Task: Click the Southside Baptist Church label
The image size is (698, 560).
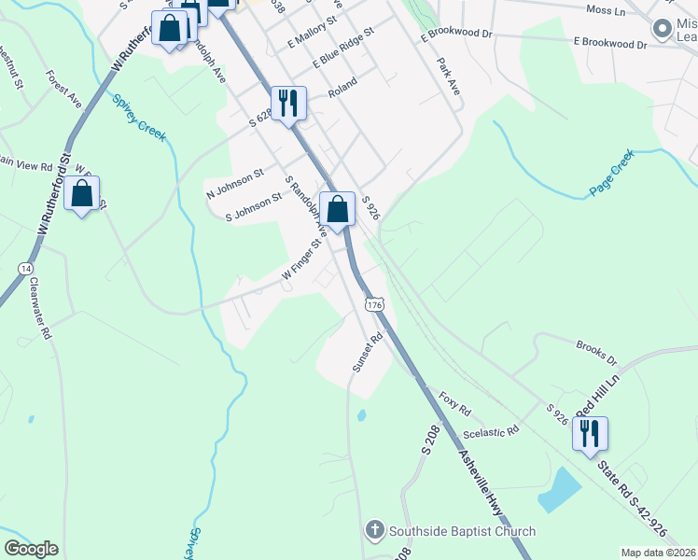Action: click(462, 531)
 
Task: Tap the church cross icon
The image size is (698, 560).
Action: click(373, 531)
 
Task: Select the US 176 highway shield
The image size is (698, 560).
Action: click(375, 305)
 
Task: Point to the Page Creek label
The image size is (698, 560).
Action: click(611, 174)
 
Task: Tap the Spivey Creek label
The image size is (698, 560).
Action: click(139, 118)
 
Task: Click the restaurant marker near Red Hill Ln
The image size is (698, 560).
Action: click(590, 434)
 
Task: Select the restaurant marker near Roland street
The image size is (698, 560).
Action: click(287, 104)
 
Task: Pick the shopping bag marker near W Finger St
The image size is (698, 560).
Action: click(338, 209)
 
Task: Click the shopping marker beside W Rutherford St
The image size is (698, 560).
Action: click(82, 194)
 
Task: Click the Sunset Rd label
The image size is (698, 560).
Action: click(367, 353)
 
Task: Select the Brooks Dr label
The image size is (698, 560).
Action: click(596, 352)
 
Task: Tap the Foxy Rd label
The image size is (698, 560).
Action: click(455, 404)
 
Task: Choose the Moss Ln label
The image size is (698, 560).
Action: click(605, 10)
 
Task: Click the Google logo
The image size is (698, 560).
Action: click(31, 549)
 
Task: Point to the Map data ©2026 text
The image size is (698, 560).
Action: click(657, 553)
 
